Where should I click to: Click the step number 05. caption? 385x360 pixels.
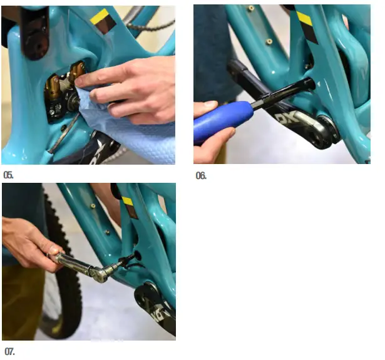[8, 175]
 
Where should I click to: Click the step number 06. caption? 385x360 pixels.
[201, 175]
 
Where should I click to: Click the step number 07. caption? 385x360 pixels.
[9, 350]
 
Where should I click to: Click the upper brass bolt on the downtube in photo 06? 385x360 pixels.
[250, 9]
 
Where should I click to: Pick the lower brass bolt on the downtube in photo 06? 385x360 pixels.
[269, 41]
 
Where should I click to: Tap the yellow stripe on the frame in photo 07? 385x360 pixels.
[128, 201]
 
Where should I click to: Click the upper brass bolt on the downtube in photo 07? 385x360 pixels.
[92, 205]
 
